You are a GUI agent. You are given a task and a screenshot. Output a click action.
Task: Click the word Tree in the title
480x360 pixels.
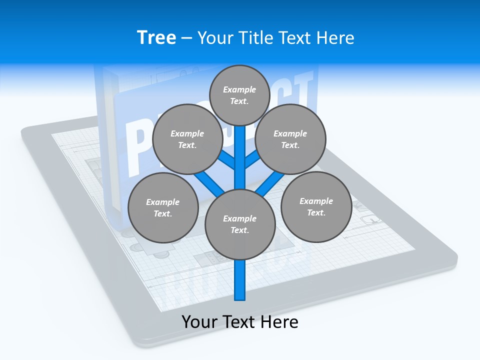pyautogui.click(x=156, y=37)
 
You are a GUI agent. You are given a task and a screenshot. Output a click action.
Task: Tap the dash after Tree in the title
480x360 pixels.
pyautogui.click(x=186, y=38)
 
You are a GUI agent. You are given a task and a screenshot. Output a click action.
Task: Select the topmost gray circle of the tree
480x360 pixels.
pyautogui.click(x=239, y=95)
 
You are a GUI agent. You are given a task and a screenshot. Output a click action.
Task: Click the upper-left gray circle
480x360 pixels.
pyautogui.click(x=187, y=139)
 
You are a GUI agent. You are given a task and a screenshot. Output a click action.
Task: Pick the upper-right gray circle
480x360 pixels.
pyautogui.click(x=290, y=139)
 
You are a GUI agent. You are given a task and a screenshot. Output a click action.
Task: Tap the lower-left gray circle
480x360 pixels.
pyautogui.click(x=162, y=207)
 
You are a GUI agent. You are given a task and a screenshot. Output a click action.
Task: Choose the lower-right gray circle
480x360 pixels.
pyautogui.click(x=316, y=206)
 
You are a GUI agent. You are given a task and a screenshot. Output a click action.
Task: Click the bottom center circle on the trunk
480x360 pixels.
pyautogui.click(x=239, y=224)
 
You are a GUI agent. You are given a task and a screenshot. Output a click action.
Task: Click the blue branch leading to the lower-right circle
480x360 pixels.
pyautogui.click(x=270, y=182)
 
